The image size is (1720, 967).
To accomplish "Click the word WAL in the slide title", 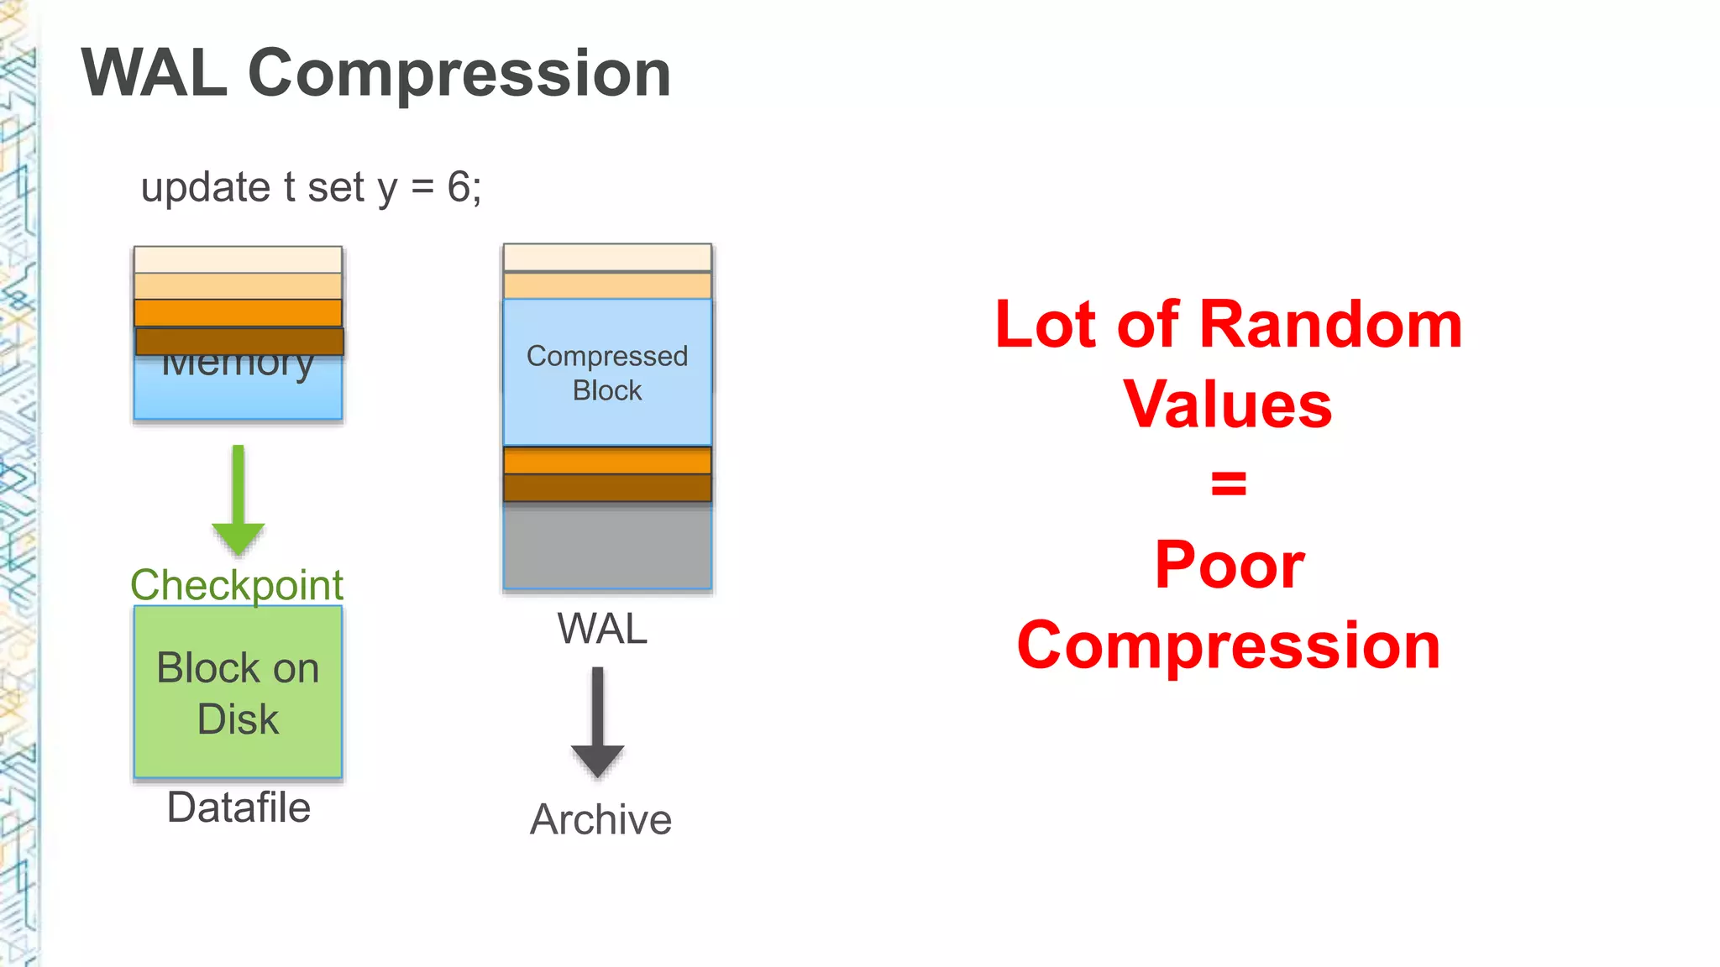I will (155, 74).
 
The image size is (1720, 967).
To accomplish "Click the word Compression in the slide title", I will (459, 74).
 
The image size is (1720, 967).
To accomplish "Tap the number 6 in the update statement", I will (459, 186).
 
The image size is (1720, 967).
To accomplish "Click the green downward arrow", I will (239, 500).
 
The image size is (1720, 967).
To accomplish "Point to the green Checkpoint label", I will (237, 584).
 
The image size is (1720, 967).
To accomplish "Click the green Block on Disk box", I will (238, 692).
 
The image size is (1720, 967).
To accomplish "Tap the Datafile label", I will (239, 808).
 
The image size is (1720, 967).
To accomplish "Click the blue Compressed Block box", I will (607, 373).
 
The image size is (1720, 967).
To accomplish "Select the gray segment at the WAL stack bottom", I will (607, 546).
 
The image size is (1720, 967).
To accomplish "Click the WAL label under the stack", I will (602, 629).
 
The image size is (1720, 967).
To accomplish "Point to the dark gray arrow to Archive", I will (597, 722).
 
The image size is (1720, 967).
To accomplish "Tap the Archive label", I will (600, 819).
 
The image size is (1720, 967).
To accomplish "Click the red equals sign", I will (1229, 483).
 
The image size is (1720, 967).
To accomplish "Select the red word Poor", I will (1229, 565).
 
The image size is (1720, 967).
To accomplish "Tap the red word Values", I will (1228, 405).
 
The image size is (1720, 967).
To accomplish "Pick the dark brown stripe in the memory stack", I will (239, 341).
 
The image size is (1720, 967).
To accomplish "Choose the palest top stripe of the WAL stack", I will (607, 257).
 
